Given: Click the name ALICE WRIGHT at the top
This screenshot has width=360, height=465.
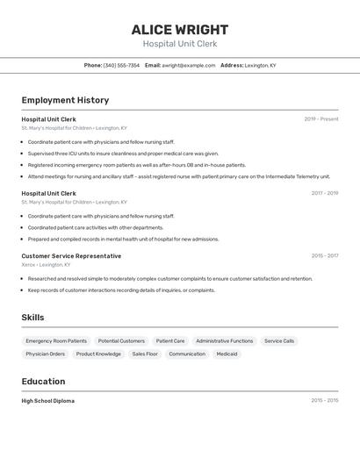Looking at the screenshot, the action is coord(179,30).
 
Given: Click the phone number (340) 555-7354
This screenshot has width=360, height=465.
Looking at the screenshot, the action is coord(121,65).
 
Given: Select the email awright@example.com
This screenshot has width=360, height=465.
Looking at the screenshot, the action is coord(188,65).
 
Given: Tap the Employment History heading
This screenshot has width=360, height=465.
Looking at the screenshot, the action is coord(65,100).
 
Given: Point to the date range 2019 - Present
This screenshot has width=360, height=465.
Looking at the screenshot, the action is coord(321,119).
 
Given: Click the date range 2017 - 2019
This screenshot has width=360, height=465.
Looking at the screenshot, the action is coord(324,193).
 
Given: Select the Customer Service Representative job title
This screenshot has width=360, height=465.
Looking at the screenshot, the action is coord(71,256).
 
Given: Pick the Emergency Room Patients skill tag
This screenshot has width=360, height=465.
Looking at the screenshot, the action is coord(56,340).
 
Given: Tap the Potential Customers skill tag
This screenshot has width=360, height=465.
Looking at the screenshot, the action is coord(121,340).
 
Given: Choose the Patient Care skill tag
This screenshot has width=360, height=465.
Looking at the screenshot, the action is coord(170,340).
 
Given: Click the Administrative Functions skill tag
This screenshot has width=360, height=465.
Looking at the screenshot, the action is coord(224,340).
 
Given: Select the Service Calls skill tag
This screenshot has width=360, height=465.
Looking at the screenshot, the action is coord(279,340).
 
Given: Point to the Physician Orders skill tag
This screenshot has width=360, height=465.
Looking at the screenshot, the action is coord(45,354).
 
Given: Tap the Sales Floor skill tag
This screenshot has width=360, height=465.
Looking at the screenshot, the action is coord(145,354).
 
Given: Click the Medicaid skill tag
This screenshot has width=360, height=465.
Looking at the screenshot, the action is coord(227,354).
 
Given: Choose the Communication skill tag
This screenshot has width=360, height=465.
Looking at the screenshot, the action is coord(187,354).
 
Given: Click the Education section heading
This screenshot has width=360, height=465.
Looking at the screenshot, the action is coord(43,382).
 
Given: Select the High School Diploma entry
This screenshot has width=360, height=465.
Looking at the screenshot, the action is coord(47,401).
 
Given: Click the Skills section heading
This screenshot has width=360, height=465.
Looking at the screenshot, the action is coord(32,318).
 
